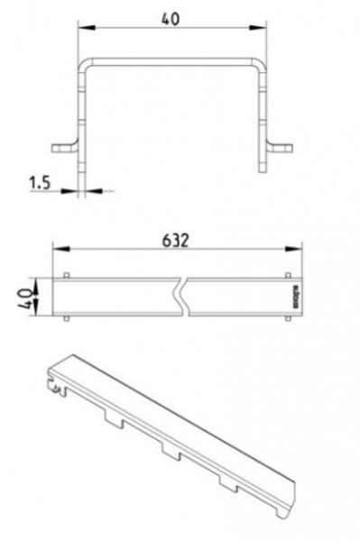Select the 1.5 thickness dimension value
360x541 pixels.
click(x=39, y=183)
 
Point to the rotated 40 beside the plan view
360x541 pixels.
click(x=28, y=295)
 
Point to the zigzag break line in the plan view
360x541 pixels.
click(x=184, y=295)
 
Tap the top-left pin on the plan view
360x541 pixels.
click(x=69, y=273)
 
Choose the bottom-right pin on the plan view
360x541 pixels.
click(x=287, y=318)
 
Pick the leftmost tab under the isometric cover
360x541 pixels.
click(x=113, y=417)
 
